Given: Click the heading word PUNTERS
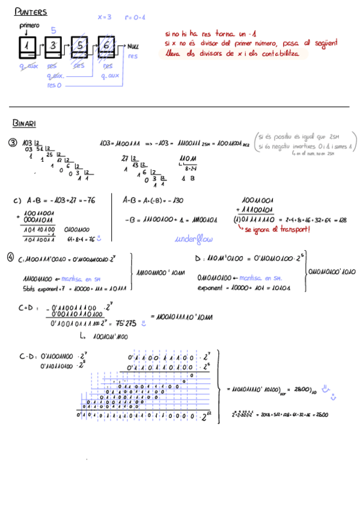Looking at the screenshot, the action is (x=31, y=11).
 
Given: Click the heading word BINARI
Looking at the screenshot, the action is (x=24, y=123).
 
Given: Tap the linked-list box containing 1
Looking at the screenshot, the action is (x=27, y=46).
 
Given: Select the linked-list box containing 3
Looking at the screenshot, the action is (x=53, y=46).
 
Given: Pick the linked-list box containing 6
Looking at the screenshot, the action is (x=106, y=46).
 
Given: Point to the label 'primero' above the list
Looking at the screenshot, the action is (x=29, y=26).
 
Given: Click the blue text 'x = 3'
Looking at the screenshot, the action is (x=105, y=17).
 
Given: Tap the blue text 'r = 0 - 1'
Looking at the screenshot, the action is (x=135, y=17).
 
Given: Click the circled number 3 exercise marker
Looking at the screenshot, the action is (x=13, y=143).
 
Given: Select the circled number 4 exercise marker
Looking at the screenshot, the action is (x=11, y=256).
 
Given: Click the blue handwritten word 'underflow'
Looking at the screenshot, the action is (x=194, y=239).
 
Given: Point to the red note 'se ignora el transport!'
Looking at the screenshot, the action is (x=278, y=230).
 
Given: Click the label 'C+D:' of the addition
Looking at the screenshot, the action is (x=28, y=308).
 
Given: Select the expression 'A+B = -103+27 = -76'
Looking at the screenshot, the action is (x=61, y=200).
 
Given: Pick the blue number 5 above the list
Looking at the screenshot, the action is (x=53, y=30).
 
